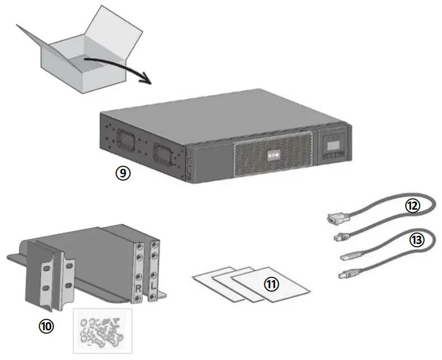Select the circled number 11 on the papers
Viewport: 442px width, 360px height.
(x=272, y=284)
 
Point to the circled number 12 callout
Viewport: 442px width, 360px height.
(x=412, y=206)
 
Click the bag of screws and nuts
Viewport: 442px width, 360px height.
(x=103, y=331)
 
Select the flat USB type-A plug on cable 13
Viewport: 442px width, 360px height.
(x=347, y=256)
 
